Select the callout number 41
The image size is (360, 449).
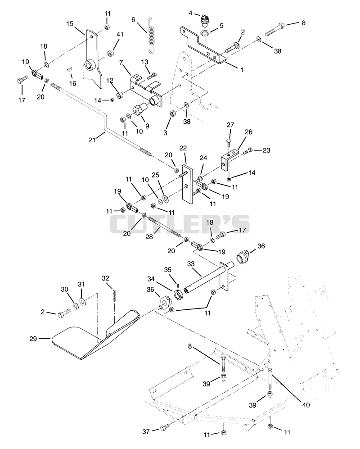point(120,34)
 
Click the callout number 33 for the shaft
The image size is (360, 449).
point(191,263)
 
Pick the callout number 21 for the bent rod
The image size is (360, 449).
point(91,140)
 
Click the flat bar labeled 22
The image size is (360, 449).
point(188,184)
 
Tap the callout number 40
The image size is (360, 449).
point(306,405)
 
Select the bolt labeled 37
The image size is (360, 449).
point(165,428)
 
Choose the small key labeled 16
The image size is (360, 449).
point(70,69)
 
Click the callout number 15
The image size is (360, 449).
point(70,23)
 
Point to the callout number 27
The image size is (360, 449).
point(230,125)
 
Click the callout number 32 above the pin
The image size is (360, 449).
point(106,278)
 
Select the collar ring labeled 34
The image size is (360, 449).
point(179,295)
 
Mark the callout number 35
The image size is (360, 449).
point(168,270)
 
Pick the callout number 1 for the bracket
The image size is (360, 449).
point(242,70)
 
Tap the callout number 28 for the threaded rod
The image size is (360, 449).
point(149,237)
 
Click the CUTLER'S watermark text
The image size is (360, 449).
point(180,224)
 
